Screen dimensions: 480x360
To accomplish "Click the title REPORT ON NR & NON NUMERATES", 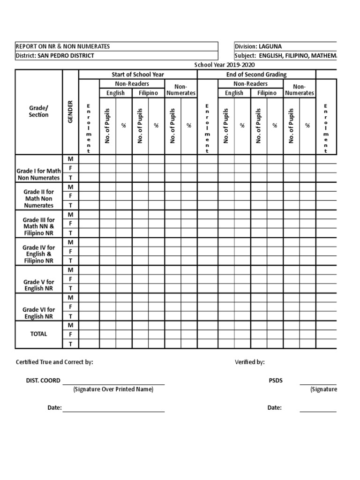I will pos(63,46).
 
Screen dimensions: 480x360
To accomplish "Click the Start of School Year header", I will pos(138,75).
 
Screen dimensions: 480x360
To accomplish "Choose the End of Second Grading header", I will pos(256,75).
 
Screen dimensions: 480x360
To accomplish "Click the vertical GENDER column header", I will pos(71,112).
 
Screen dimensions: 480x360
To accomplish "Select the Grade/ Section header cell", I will pos(38,112).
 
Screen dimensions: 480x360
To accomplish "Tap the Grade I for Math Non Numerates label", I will pos(38,174).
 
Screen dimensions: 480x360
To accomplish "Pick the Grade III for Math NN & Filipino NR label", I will pos(38,226).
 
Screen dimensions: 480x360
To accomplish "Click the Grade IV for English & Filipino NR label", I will pos(38,254).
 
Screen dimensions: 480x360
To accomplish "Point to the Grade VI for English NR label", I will pos(38,313).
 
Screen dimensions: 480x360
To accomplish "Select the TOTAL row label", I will pos(38,334).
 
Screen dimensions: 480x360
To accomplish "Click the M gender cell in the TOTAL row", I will pos(71,325).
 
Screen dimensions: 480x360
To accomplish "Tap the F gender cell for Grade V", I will pos(71,279).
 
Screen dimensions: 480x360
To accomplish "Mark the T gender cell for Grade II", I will pos(71,205).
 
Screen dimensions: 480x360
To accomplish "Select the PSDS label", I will pos(276,381).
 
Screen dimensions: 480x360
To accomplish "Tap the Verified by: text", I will pos(249,362).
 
